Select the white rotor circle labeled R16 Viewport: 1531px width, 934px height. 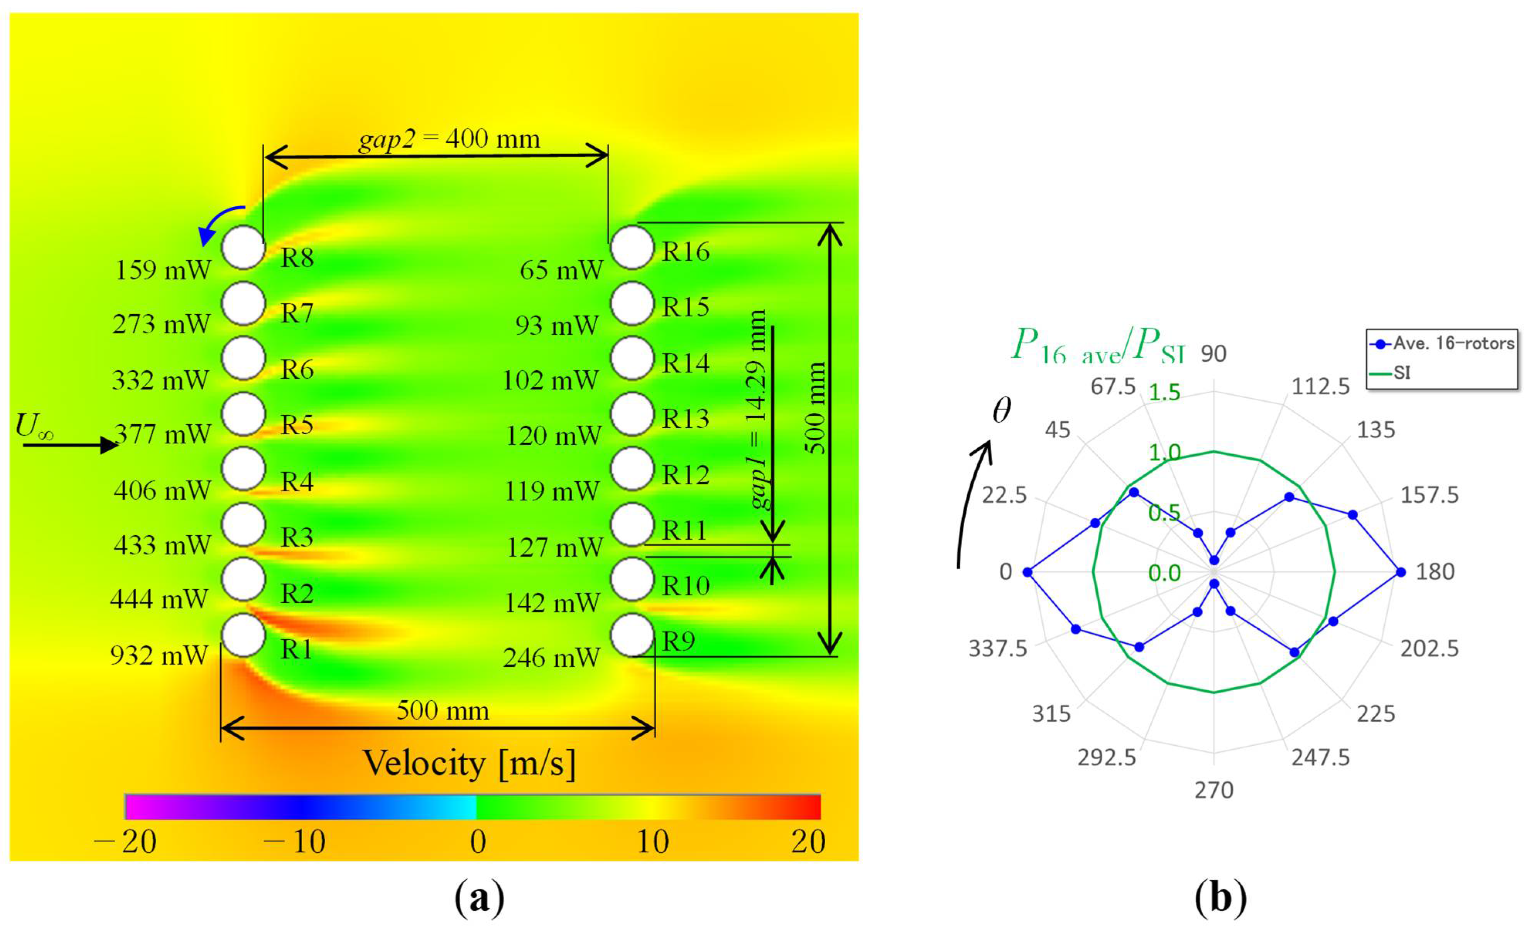pos(632,247)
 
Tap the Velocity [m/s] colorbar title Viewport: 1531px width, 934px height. pos(469,763)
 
